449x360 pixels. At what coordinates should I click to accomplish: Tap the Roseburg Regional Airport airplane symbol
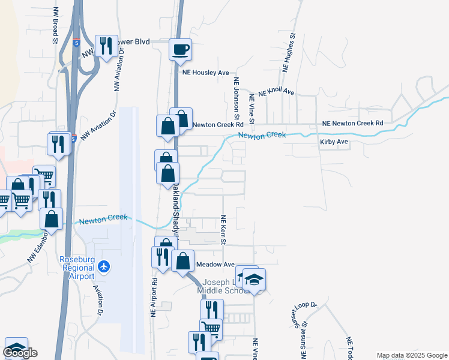click(104, 265)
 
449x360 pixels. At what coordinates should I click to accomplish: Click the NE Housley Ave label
click(206, 73)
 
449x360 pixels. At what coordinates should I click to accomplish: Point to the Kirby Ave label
click(334, 142)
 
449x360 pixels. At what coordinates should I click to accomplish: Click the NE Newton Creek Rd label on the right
click(352, 123)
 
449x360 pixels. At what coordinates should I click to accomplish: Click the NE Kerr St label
click(223, 230)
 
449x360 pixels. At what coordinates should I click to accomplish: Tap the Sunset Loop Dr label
click(304, 313)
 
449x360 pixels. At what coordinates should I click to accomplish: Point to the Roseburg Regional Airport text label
click(77, 268)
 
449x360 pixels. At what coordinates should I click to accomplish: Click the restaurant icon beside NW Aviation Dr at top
click(106, 46)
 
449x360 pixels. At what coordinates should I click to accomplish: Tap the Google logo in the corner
click(20, 353)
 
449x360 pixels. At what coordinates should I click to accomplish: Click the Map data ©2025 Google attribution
click(411, 355)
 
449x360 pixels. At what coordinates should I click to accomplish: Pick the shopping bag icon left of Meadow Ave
click(182, 261)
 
